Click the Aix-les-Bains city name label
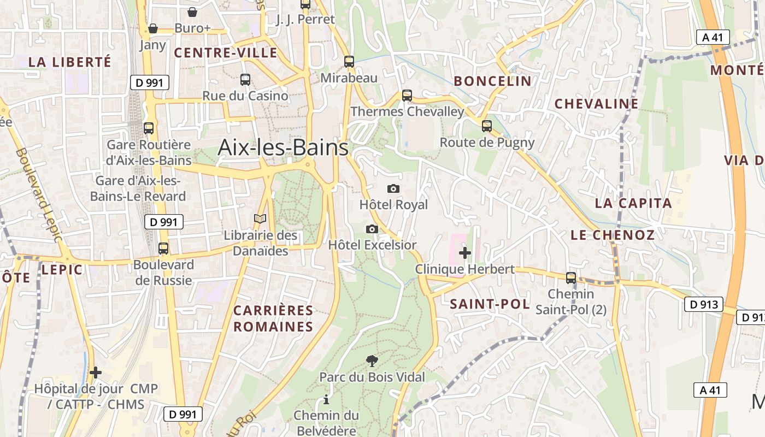(283, 147)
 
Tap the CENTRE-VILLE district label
(226, 53)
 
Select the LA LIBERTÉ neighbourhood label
(69, 62)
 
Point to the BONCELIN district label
(492, 81)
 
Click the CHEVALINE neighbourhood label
(596, 104)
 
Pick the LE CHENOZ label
(613, 235)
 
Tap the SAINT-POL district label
(490, 304)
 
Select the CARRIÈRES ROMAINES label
(273, 318)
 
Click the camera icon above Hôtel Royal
(393, 189)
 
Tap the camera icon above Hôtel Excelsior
(372, 229)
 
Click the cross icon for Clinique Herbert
(465, 253)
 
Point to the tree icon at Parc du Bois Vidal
(372, 361)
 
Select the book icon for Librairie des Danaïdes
(260, 219)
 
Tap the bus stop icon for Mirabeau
(349, 62)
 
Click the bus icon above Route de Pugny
(487, 126)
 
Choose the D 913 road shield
(703, 305)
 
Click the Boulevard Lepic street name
(39, 194)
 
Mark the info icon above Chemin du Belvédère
(326, 399)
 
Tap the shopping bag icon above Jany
(153, 28)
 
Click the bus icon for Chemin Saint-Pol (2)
(571, 277)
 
